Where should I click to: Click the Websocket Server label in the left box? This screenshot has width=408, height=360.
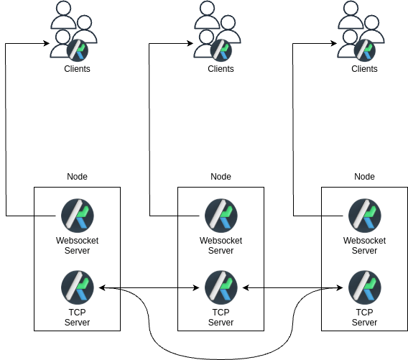click(78, 246)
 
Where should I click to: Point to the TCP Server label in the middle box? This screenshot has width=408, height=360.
click(221, 318)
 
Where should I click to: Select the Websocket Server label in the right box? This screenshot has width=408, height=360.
click(365, 246)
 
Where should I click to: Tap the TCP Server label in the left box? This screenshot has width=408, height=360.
click(78, 318)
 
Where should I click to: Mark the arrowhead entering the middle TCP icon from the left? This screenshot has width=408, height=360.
click(197, 288)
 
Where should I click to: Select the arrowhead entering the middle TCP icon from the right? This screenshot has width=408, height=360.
click(246, 288)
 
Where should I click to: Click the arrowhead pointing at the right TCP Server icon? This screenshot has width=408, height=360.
click(340, 288)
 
